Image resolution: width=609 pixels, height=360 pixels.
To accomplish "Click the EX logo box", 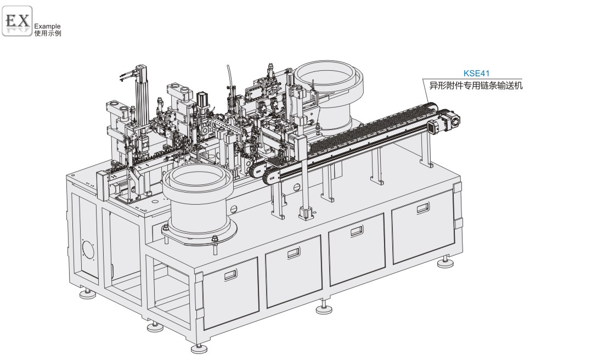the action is pyautogui.click(x=17, y=21).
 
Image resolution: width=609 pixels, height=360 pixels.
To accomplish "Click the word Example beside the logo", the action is pyautogui.click(x=47, y=26).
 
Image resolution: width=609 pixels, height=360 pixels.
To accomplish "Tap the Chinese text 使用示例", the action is pyautogui.click(x=47, y=33).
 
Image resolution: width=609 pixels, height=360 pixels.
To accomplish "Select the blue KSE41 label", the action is pyautogui.click(x=477, y=73).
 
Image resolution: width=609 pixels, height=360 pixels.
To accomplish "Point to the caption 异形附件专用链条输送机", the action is pyautogui.click(x=476, y=86).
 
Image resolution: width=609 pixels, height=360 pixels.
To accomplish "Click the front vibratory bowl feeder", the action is pyautogui.click(x=198, y=206).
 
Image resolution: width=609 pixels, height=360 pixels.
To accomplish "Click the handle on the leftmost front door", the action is pyautogui.click(x=230, y=275).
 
